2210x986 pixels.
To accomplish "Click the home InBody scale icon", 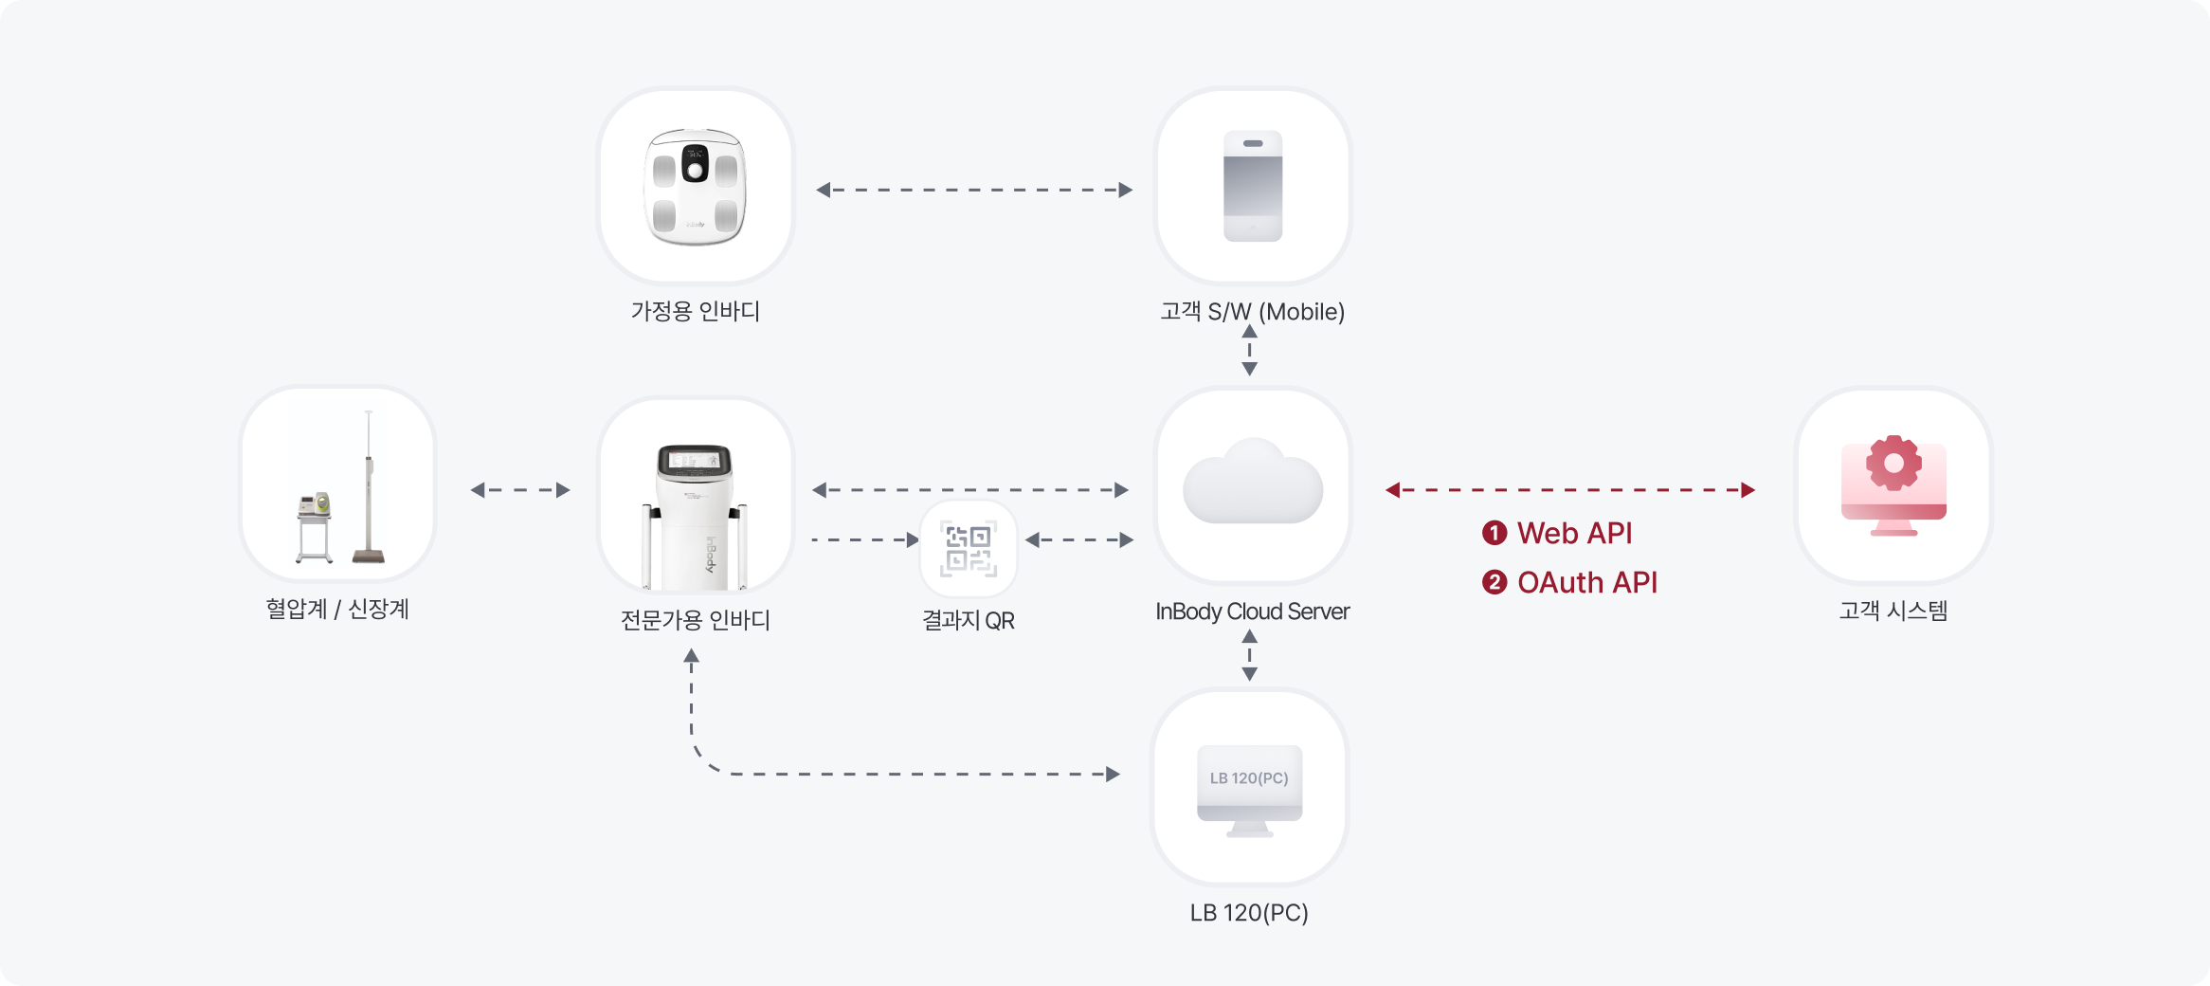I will [x=695, y=187].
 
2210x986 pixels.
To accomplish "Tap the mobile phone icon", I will [x=1252, y=187].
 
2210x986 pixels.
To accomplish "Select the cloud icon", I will [x=1252, y=484].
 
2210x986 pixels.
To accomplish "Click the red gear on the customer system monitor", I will [x=1893, y=463].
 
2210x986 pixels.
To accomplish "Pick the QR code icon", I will [x=968, y=549].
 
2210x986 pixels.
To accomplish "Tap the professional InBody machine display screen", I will [x=695, y=461].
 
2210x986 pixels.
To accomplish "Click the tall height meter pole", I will [x=369, y=484].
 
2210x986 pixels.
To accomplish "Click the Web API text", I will [x=1574, y=533].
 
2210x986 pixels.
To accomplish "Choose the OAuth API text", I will [x=1587, y=582].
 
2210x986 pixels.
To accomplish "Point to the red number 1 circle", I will [x=1494, y=533].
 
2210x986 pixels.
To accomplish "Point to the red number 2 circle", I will [x=1494, y=582].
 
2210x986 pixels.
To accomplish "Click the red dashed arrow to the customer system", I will [x=1569, y=490].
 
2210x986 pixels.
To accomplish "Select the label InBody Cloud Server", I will [x=1252, y=612].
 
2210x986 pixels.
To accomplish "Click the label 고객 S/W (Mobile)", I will [x=1252, y=312].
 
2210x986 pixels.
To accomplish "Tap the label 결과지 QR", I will [x=968, y=621].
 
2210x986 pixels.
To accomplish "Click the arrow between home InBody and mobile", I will [x=973, y=190].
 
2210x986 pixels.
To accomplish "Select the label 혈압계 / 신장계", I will [x=337, y=610].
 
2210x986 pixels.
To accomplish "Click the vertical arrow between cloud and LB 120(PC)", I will [x=1249, y=655].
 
